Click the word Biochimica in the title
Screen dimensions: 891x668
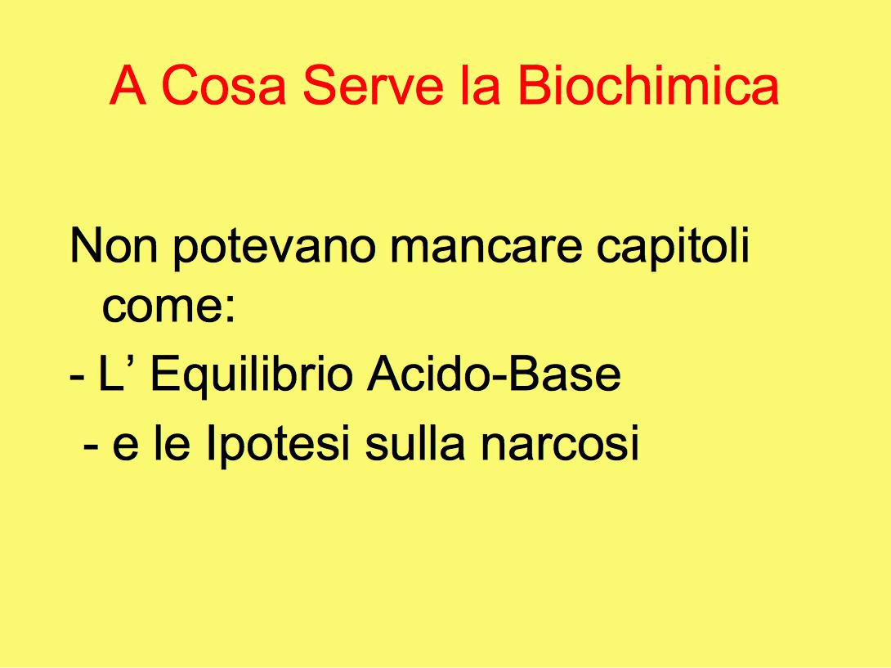pos(647,85)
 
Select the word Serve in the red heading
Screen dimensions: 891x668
pos(372,85)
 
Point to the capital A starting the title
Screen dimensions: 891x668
pos(128,85)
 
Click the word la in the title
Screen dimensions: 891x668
pos(480,85)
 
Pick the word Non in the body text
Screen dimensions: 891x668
pos(113,245)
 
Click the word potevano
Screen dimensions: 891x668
pos(275,248)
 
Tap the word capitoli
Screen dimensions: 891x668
pos(673,247)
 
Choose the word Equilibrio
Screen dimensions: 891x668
pos(251,376)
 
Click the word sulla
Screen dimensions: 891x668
pos(414,442)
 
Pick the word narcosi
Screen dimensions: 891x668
pos(560,443)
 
